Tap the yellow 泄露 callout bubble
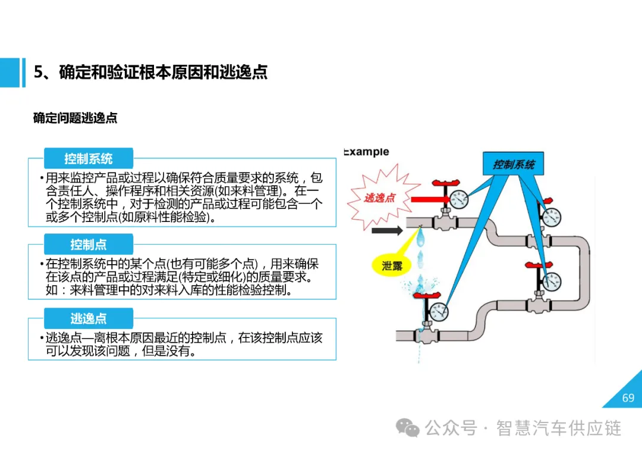392,265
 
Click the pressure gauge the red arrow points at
458,199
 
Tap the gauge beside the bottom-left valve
439,311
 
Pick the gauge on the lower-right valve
552,279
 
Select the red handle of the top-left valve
443,183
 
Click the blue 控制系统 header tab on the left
89,159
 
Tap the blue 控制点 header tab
89,245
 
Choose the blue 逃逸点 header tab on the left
89,319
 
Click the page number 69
628,398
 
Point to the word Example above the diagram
367,152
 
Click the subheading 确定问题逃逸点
75,118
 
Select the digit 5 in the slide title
39,72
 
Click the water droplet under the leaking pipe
421,239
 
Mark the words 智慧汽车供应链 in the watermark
559,428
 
